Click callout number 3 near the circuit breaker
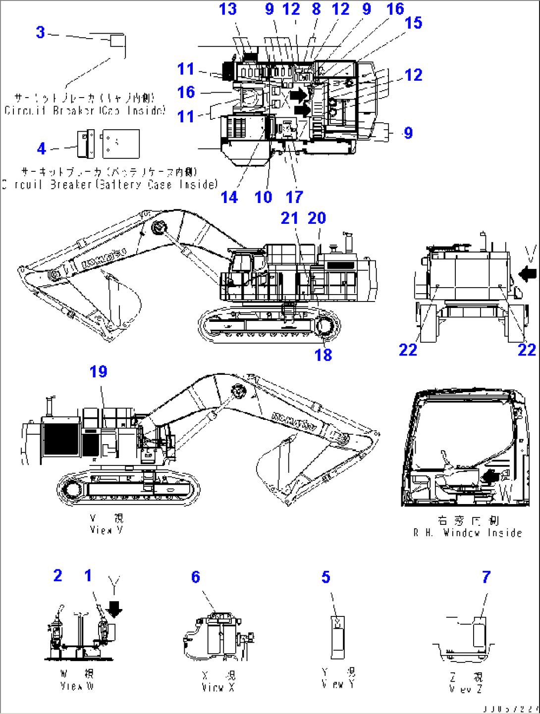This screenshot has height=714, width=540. click(x=41, y=33)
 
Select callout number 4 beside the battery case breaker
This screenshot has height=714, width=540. click(x=42, y=148)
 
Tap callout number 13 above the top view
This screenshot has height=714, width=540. click(x=228, y=9)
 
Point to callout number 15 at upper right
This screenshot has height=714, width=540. click(x=413, y=23)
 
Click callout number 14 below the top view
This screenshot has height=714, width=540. click(x=229, y=197)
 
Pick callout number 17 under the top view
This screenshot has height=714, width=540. click(x=294, y=197)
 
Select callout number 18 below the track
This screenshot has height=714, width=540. click(x=323, y=355)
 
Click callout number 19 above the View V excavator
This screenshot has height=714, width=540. click(x=98, y=371)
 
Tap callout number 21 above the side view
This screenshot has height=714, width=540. click(x=289, y=218)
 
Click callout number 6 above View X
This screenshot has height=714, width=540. click(x=196, y=577)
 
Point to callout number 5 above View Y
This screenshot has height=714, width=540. click(x=325, y=577)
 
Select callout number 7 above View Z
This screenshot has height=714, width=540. click(x=486, y=577)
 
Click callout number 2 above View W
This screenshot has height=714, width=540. click(x=58, y=575)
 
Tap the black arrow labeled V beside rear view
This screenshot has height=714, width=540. click(x=528, y=272)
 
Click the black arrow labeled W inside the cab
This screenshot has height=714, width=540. click(x=490, y=477)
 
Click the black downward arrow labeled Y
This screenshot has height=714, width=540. click(x=114, y=610)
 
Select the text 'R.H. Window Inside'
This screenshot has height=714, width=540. click(x=467, y=533)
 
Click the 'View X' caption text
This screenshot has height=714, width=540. click(x=218, y=687)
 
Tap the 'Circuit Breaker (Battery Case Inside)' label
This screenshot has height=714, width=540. click(x=110, y=185)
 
